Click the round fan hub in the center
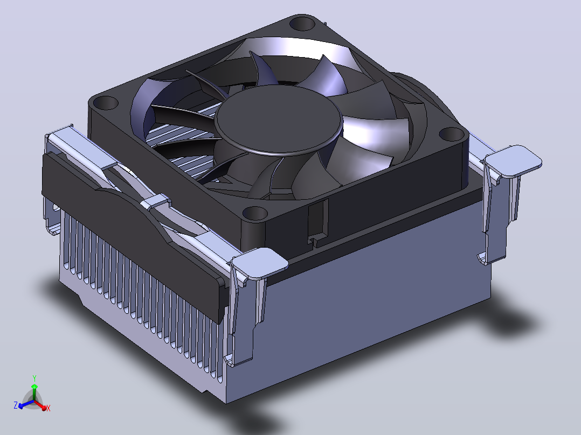pyautogui.click(x=279, y=119)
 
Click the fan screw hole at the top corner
pyautogui.click(x=302, y=24)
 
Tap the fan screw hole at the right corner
pyautogui.click(x=452, y=134)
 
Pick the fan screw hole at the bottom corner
pyautogui.click(x=255, y=214)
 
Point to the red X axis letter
pyautogui.click(x=48, y=408)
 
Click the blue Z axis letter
pyautogui.click(x=16, y=405)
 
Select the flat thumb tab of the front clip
pyautogui.click(x=260, y=263)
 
